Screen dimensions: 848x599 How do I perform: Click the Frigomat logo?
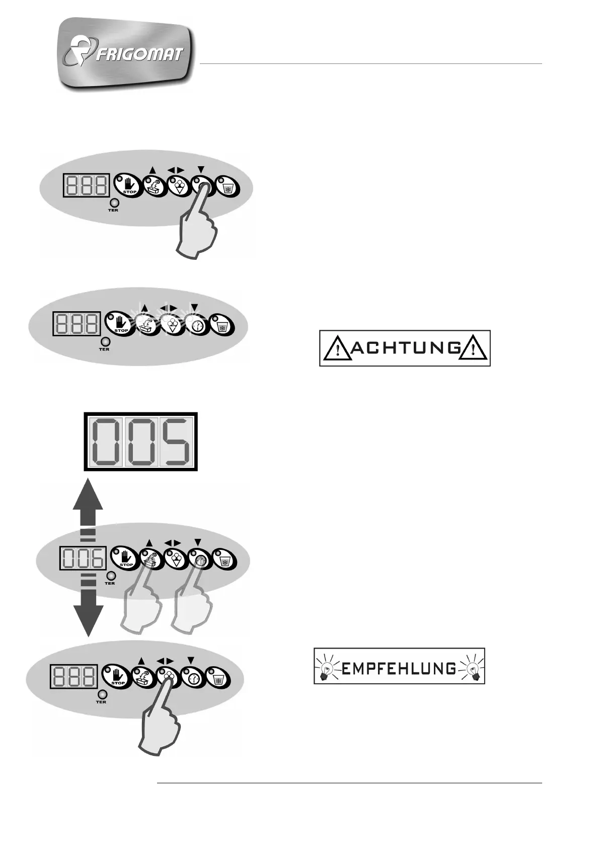tap(125, 54)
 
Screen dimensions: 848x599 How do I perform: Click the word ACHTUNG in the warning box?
tap(405, 348)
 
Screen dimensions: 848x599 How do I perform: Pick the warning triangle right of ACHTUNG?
tap(474, 348)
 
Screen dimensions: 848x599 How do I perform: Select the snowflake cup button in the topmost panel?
tap(227, 187)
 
